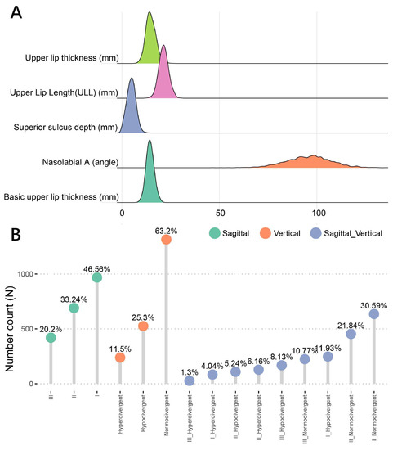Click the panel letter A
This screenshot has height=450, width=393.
tap(16, 14)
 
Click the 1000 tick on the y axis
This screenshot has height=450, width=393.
tap(29, 274)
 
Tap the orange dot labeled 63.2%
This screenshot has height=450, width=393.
tap(166, 239)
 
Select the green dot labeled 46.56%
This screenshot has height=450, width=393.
tap(97, 278)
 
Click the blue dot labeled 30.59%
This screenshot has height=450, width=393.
tap(373, 314)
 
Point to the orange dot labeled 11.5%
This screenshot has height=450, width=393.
tap(120, 358)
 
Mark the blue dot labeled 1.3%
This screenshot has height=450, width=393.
tap(190, 381)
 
